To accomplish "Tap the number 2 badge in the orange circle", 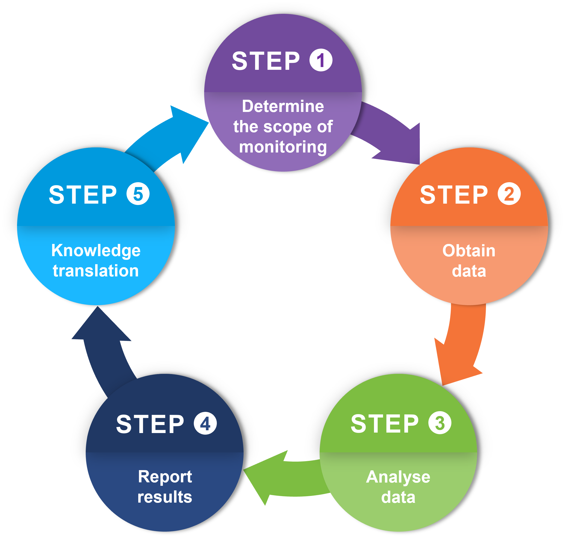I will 509,193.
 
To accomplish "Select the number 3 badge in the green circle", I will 440,423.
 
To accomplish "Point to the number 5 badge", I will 138,194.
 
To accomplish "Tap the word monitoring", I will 283,147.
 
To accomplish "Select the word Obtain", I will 469,251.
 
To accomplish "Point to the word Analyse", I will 398,477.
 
